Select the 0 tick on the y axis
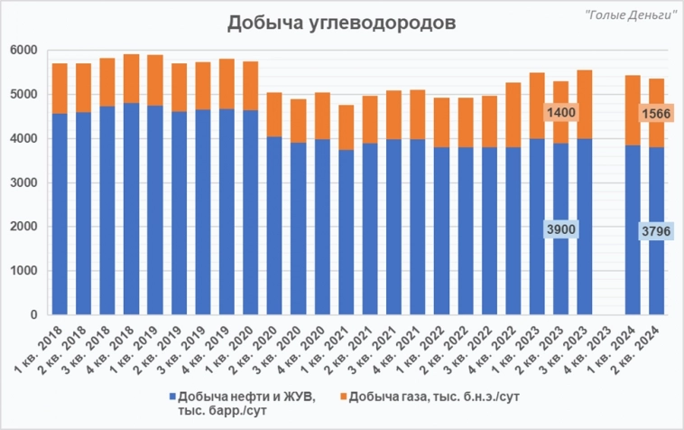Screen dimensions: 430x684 tap(29, 315)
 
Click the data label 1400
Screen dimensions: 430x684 tap(559, 112)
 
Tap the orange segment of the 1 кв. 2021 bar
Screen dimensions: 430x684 tap(346, 127)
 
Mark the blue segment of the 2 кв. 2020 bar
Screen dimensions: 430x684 tap(274, 226)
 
